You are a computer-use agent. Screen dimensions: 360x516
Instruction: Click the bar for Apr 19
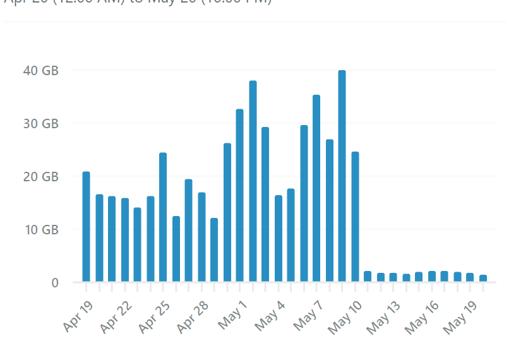coord(86,227)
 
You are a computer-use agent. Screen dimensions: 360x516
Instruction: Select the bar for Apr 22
coord(124,240)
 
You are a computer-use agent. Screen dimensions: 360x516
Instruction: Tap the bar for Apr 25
coord(163,217)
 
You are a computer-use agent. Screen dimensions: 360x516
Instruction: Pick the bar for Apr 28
coord(201,237)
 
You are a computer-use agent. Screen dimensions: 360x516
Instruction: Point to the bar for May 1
coord(240,195)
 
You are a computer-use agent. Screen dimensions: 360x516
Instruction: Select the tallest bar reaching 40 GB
coord(342,176)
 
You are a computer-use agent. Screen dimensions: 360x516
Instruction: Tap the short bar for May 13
coord(393,277)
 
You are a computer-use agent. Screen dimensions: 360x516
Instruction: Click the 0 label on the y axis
coord(55,282)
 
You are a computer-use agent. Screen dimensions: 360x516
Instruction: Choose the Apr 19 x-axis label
coord(78,316)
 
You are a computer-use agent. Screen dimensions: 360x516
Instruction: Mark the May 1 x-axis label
coord(233,315)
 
